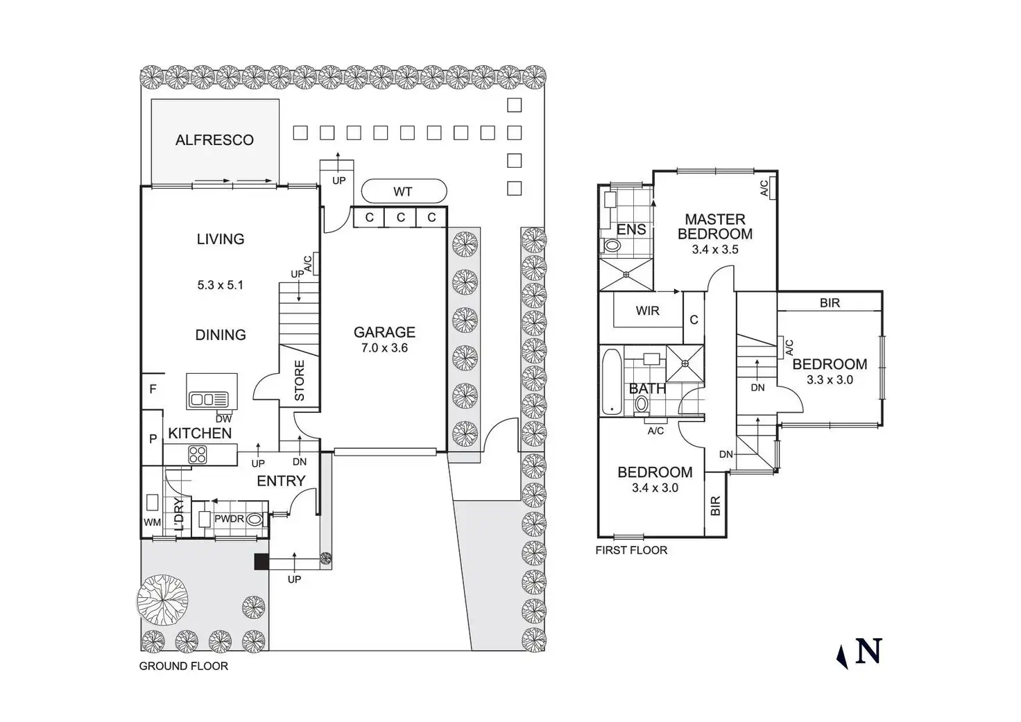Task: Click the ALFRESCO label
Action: pos(214,140)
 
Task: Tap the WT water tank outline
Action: pos(403,191)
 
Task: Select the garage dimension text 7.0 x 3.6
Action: pos(384,348)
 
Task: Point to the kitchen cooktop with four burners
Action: pos(198,455)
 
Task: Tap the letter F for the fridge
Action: pos(153,390)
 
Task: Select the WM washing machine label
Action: pos(152,522)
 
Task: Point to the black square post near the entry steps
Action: pos(261,562)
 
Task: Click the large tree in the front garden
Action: pos(162,599)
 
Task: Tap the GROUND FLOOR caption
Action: pos(184,667)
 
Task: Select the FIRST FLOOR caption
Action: pos(631,551)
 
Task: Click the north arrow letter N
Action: pos(868,652)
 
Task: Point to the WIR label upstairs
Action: pos(647,311)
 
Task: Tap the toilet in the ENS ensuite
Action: pos(612,245)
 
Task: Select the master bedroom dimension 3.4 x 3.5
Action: pos(715,250)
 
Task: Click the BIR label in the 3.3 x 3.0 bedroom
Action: pos(830,302)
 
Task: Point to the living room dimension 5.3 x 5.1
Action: pos(221,285)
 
